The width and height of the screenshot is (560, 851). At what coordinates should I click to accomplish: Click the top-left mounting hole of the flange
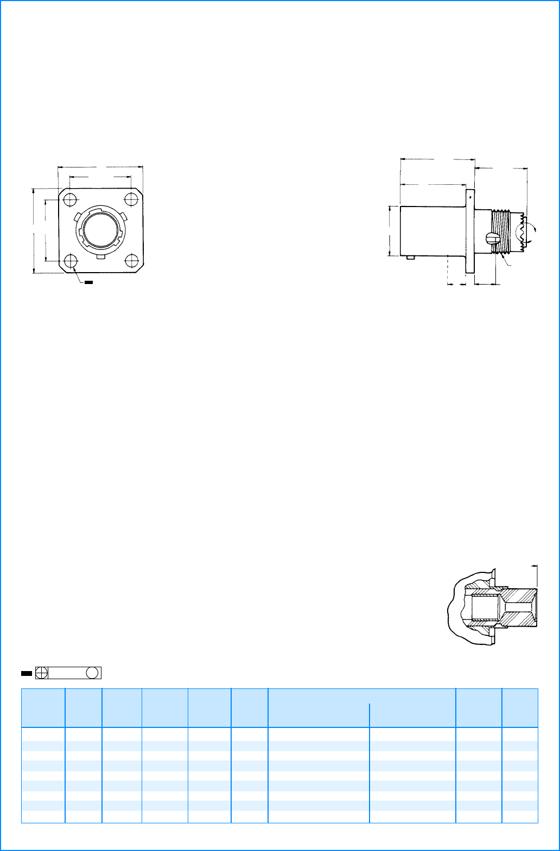(69, 200)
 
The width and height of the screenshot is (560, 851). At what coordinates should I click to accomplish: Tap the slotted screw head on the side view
(492, 239)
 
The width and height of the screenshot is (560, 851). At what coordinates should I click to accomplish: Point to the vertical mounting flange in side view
(470, 231)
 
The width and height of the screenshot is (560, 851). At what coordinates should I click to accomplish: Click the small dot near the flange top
(471, 197)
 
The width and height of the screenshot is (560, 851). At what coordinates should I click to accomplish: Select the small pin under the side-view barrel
(411, 259)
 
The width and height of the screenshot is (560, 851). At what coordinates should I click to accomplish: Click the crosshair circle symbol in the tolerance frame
(41, 673)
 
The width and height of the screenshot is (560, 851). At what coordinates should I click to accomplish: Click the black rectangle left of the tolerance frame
(26, 673)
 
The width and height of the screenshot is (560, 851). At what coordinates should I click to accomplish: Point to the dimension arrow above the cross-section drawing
(534, 566)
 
